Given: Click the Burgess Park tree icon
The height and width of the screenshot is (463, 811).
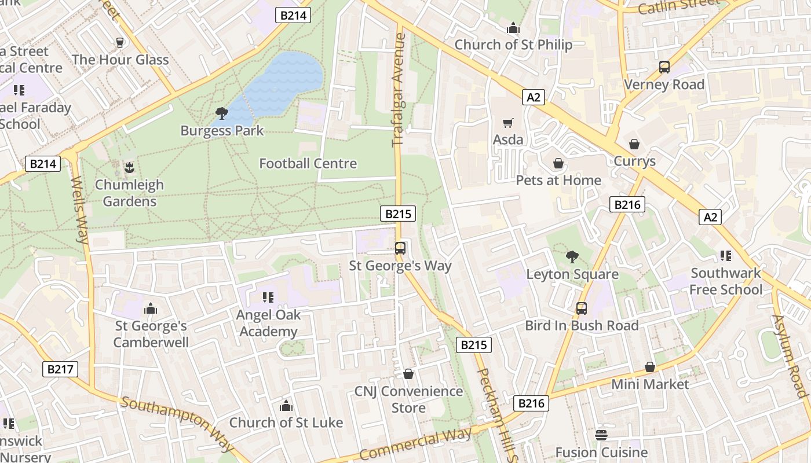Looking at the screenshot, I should tap(221, 113).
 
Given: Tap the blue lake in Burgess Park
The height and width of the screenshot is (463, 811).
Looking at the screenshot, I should tap(284, 81).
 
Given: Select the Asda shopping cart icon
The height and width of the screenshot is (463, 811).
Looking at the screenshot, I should tap(508, 123).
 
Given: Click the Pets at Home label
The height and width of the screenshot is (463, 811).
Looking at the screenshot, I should tap(558, 180).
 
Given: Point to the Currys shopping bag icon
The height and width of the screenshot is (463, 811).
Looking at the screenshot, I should tap(634, 144).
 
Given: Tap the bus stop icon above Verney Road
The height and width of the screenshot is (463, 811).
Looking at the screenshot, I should tap(664, 67).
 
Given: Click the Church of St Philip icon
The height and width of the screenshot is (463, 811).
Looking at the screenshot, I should tap(513, 28).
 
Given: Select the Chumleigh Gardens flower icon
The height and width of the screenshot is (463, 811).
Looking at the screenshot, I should tap(129, 168).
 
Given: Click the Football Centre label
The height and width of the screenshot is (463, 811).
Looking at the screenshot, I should tap(308, 164).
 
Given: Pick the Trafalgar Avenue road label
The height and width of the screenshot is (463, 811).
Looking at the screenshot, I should tap(399, 90).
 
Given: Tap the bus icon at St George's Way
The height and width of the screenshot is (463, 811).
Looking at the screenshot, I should tap(400, 248).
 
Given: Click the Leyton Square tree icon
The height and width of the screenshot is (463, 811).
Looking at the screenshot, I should tap(572, 256).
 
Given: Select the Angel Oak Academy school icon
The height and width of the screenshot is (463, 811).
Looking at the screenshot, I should tap(268, 297).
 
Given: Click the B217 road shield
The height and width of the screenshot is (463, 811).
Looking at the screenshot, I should tap(60, 369).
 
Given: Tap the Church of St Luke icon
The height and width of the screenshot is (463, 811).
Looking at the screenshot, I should tap(286, 406).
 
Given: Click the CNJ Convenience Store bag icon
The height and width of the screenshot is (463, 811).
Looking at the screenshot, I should tap(408, 374).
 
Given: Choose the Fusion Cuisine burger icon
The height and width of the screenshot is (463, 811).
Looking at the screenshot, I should tap(601, 435).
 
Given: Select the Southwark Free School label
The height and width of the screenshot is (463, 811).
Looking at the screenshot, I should tap(726, 281).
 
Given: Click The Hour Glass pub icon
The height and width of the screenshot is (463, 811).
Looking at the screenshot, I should tap(120, 43).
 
